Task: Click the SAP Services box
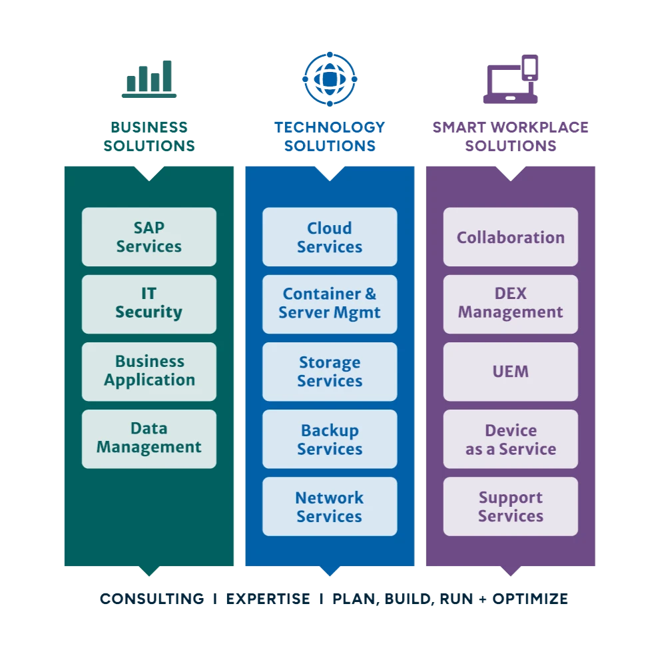(149, 237)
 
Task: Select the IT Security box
(149, 304)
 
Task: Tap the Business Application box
(149, 371)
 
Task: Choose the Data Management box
(149, 438)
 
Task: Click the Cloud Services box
(329, 237)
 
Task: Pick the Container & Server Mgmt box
(329, 304)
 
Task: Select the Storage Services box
(329, 371)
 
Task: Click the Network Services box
(329, 506)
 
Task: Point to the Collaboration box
(510, 237)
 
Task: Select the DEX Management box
(510, 304)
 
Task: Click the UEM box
(510, 371)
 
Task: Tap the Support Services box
(510, 506)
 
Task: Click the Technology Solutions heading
(330, 137)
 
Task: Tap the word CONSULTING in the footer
(152, 599)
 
